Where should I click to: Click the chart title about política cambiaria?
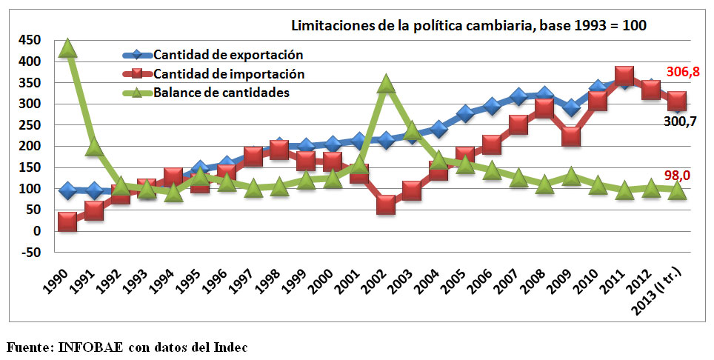[469, 26]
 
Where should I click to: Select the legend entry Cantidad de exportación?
[229, 54]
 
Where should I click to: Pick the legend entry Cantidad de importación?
[229, 73]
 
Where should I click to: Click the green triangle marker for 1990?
[68, 48]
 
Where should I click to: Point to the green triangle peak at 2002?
[385, 84]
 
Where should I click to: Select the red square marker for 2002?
[385, 204]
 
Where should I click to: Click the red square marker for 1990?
[68, 221]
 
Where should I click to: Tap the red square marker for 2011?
[624, 76]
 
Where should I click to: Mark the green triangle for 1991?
[94, 147]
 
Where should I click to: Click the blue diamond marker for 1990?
[68, 190]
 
